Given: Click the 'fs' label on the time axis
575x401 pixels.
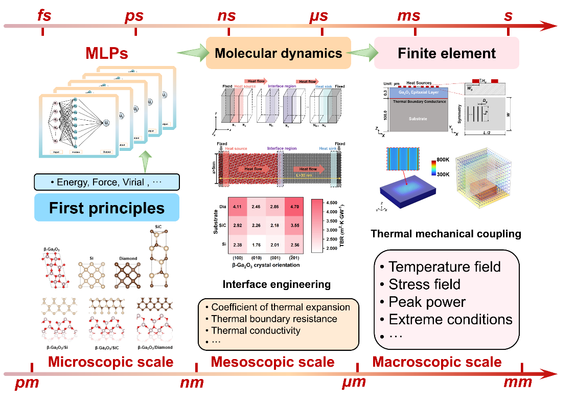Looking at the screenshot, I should [44, 15].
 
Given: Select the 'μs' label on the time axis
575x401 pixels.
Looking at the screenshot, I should [319, 15].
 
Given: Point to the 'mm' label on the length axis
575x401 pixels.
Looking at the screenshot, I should [518, 382].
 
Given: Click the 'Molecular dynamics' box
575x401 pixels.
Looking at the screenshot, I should [278, 53].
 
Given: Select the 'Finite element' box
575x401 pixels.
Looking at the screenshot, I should [447, 53].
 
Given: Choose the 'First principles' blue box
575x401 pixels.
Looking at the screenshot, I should [106, 208].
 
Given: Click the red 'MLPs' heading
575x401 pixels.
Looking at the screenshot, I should [106, 53].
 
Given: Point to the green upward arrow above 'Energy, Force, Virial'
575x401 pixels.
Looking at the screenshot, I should [146, 162].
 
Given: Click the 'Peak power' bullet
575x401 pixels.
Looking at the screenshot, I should [427, 302].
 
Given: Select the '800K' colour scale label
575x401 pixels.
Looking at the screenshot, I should [443, 160].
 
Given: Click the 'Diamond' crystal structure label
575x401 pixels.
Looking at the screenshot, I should [128, 258].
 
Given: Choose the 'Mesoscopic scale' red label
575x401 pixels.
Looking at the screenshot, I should [272, 362].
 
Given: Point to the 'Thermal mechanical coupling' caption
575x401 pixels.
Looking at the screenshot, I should [446, 234].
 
